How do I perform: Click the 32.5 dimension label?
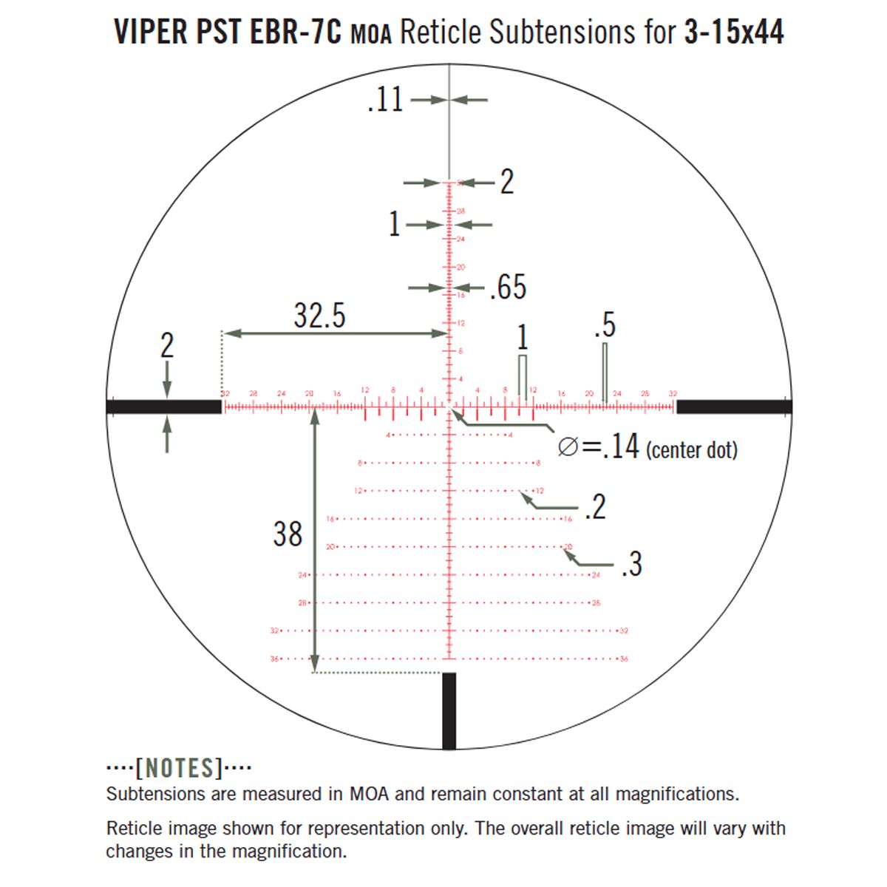point(319,316)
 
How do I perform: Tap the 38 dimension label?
point(288,534)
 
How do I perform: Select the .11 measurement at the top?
point(386,100)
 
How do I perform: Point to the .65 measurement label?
point(509,288)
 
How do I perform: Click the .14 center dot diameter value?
point(619,447)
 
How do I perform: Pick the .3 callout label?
point(631,564)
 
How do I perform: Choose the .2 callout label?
point(594,507)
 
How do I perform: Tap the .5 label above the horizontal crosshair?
point(605,325)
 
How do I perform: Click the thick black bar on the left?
point(164,407)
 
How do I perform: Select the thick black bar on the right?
point(734,407)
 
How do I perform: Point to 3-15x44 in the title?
point(733,33)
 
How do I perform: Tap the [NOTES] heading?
point(179,769)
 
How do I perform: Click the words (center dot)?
point(692,449)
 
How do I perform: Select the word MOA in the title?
point(370,35)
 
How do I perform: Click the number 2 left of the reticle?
point(167,346)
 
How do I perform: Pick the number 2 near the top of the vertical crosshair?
point(506,182)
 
